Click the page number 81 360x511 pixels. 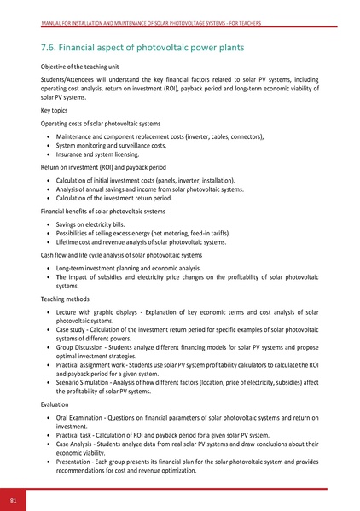(x=13, y=499)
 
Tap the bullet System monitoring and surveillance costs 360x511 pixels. (x=110, y=146)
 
